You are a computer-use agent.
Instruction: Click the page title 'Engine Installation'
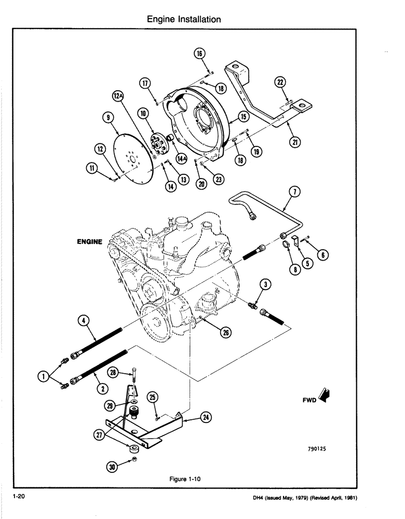pyautogui.click(x=184, y=19)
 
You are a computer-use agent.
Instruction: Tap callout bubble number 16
pyautogui.click(x=201, y=53)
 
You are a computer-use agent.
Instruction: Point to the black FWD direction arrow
pyautogui.click(x=326, y=396)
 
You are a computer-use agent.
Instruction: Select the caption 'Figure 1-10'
pyautogui.click(x=184, y=480)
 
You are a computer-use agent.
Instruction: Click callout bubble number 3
pyautogui.click(x=265, y=284)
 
